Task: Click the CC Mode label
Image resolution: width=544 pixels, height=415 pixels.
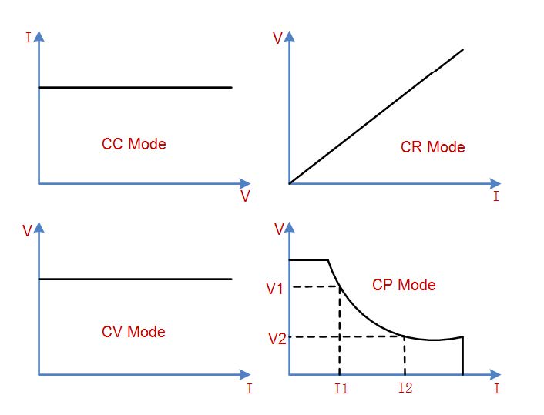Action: click(134, 144)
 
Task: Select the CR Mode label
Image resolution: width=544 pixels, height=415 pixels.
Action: click(432, 147)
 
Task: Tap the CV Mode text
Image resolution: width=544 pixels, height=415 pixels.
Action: click(133, 332)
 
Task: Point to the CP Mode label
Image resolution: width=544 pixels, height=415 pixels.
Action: click(404, 285)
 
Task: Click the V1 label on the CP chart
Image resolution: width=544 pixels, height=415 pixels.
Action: click(275, 289)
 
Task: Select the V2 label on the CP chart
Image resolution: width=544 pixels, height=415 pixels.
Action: click(277, 339)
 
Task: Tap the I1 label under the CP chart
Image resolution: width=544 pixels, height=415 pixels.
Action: click(341, 389)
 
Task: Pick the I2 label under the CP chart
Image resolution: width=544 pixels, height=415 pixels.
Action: click(405, 387)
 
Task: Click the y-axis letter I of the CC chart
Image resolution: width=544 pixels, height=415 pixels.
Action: click(29, 38)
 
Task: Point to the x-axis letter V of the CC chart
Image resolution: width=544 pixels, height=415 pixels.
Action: click(245, 196)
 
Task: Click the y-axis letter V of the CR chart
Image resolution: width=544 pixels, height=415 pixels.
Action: click(278, 38)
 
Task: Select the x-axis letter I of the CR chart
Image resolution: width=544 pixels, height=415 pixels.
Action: click(496, 196)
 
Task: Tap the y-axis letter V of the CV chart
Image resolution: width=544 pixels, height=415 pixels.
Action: click(27, 230)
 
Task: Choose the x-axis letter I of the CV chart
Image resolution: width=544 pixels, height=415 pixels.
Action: click(250, 389)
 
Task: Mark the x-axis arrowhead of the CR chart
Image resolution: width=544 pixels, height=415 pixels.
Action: click(495, 183)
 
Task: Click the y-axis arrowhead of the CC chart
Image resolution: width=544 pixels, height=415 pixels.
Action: click(39, 36)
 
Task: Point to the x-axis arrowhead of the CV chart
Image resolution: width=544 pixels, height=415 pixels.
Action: click(245, 374)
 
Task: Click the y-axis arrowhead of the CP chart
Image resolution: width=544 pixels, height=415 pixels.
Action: click(290, 228)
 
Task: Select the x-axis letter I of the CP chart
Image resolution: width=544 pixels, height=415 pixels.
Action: click(497, 389)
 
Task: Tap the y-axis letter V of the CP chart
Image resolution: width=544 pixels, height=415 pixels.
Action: click(279, 229)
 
